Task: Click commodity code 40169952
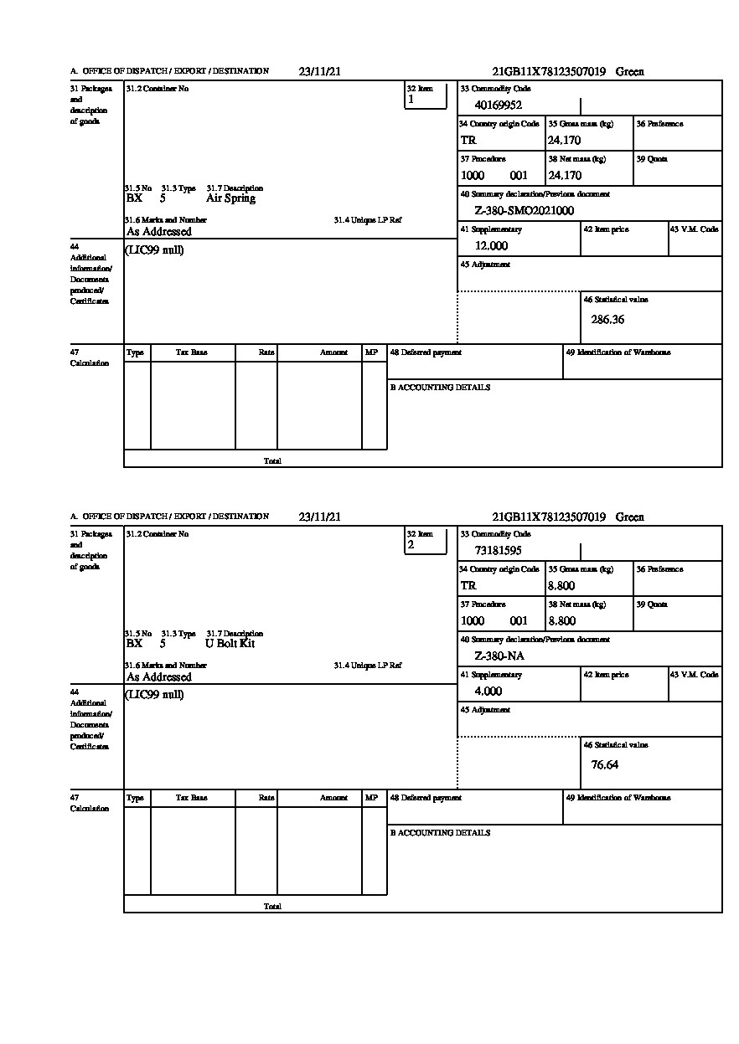tap(498, 105)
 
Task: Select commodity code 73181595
tap(498, 551)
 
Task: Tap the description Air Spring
tap(230, 198)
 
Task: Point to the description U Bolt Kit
tap(230, 644)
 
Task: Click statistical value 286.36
tap(607, 319)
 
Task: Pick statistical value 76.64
tap(604, 764)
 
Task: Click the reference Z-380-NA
tap(499, 656)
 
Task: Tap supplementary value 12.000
tap(491, 246)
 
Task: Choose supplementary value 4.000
tap(488, 692)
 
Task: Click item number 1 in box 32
tap(411, 100)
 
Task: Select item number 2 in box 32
tap(411, 545)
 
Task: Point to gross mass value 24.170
tap(565, 141)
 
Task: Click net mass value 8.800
tap(562, 621)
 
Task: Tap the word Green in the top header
tap(629, 72)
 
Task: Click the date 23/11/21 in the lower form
tap(319, 517)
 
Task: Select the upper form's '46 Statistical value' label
tap(616, 300)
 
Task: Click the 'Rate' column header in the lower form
tap(266, 798)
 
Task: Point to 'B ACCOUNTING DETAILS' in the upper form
tap(440, 388)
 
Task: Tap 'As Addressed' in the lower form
tap(159, 677)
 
